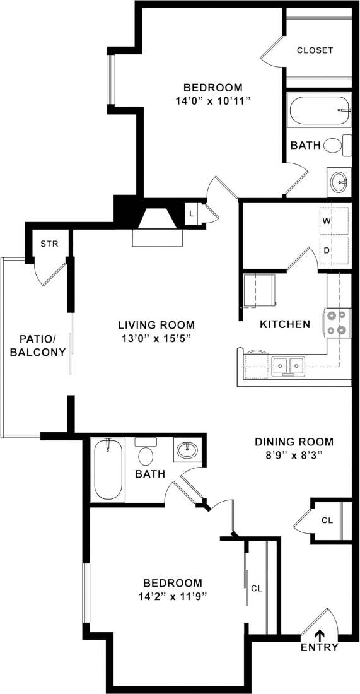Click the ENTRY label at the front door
[319, 647]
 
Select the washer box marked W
[334, 221]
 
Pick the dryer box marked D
[334, 250]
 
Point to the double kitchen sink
[288, 364]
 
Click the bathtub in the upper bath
[319, 110]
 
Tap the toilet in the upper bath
[334, 145]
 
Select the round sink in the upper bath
[339, 182]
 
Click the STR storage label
[49, 244]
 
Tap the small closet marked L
[192, 213]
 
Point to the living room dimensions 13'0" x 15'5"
[156, 338]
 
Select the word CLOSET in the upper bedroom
[315, 50]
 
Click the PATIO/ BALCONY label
[38, 346]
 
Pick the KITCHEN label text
[285, 324]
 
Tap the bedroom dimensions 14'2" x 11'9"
[172, 596]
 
